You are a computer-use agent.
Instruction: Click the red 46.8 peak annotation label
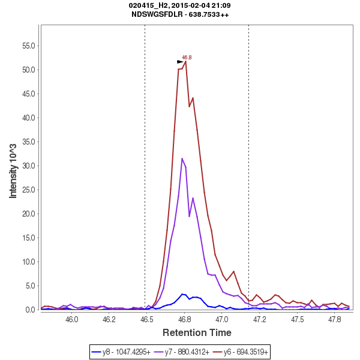tap(187, 58)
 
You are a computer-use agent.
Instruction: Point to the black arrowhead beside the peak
tap(180, 61)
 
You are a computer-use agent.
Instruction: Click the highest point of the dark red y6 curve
tap(185, 61)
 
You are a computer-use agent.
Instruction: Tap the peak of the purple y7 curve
tap(182, 158)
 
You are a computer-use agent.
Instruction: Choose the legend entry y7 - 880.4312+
tap(182, 351)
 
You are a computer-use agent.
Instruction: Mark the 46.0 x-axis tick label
tap(72, 319)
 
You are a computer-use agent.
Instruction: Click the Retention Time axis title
tap(197, 332)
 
